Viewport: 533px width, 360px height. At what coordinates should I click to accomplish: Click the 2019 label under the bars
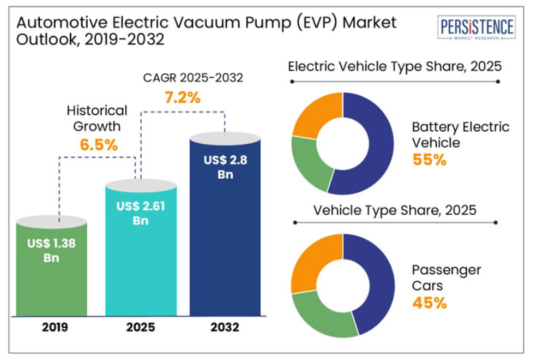click(x=51, y=327)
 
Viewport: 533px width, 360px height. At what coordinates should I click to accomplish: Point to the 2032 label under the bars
click(x=224, y=327)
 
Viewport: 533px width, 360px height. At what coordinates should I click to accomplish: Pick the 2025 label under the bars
click(x=140, y=327)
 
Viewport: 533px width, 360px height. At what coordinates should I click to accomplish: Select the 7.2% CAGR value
click(x=182, y=98)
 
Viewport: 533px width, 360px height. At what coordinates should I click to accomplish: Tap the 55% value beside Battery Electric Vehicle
click(x=429, y=160)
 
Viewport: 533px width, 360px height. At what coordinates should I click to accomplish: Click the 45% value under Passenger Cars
click(x=429, y=303)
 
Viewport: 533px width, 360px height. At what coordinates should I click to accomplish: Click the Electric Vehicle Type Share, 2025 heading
click(x=394, y=67)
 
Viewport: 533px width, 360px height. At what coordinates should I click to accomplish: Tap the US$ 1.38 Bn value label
click(x=51, y=250)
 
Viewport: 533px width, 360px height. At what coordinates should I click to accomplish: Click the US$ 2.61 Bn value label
click(x=140, y=213)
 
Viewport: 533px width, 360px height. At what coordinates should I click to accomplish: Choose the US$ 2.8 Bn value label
click(x=224, y=168)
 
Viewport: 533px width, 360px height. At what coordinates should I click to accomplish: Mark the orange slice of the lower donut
click(x=313, y=260)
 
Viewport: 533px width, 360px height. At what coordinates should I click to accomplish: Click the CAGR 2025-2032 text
click(x=193, y=77)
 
